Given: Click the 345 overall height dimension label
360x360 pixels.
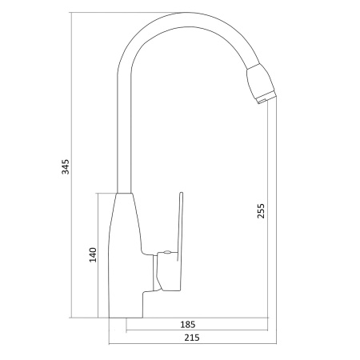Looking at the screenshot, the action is click(66, 166).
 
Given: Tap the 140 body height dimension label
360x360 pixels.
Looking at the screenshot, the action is click(93, 255).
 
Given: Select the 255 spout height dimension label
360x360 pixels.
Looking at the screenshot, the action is click(261, 211).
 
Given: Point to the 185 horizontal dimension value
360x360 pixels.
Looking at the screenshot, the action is click(188, 325).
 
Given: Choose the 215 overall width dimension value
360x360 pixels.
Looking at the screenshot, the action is click(192, 338).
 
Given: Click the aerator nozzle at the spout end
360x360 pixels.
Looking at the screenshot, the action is click(262, 83).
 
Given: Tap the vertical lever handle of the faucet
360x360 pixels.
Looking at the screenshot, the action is click(181, 226).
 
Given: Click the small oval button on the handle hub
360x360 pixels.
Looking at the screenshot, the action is click(167, 252).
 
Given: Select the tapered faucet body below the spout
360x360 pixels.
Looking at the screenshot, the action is click(126, 255).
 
